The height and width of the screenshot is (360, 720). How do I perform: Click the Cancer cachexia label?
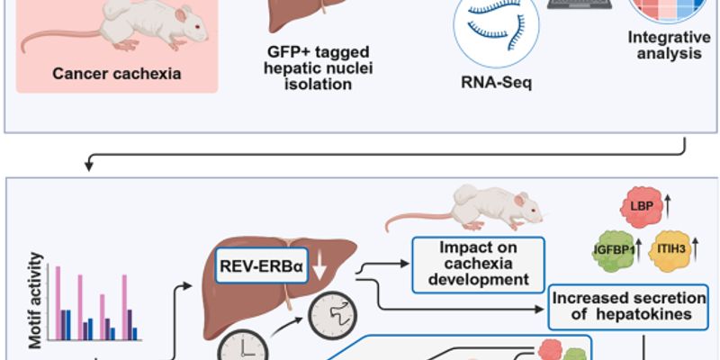coord(117,73)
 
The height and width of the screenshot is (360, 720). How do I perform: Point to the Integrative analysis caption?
coord(664,46)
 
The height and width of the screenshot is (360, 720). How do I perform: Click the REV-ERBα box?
coord(266,265)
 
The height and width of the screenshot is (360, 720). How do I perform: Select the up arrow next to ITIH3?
coord(698,248)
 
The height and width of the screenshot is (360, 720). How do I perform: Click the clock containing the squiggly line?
coord(330,316)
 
